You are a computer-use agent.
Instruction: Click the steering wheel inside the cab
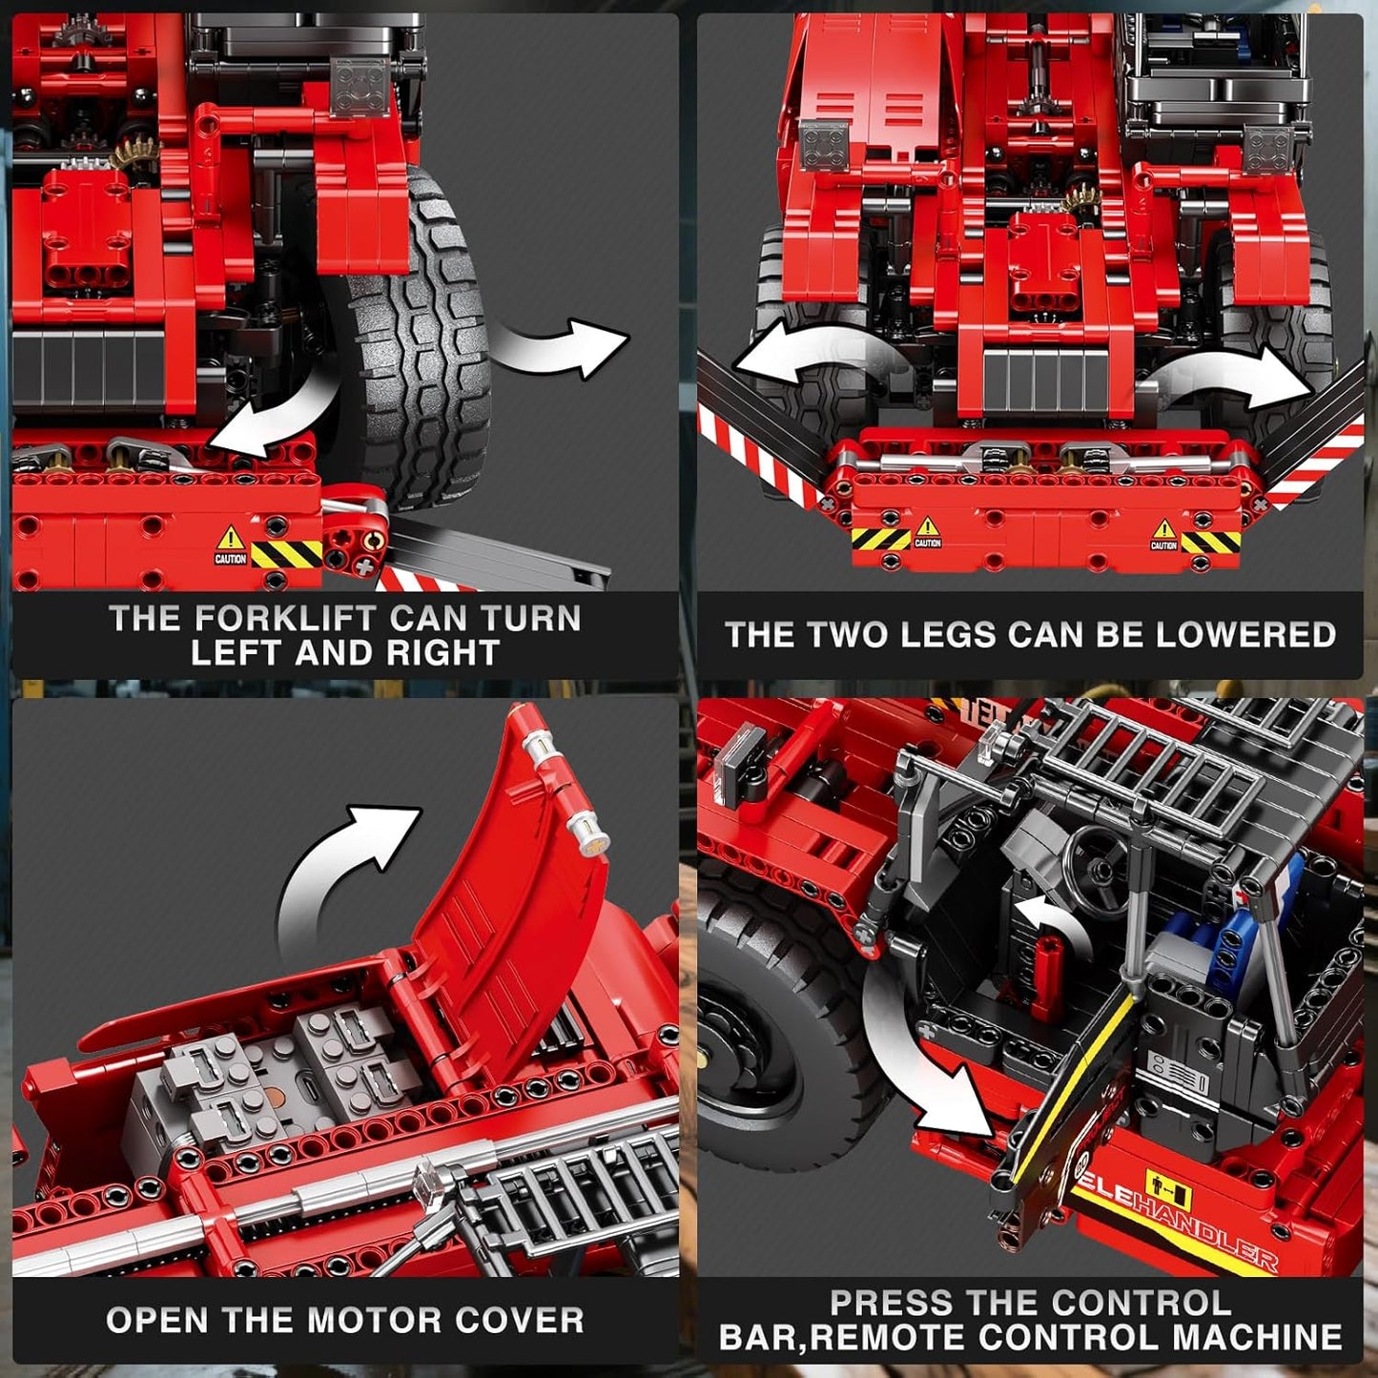tap(1097, 863)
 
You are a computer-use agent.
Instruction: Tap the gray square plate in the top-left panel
tap(360, 86)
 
